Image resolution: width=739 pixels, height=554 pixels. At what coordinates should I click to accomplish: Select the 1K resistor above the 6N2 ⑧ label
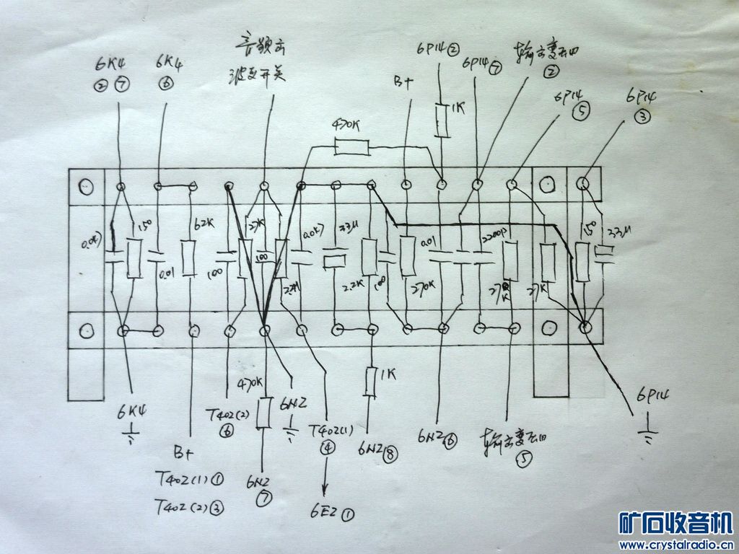point(372,382)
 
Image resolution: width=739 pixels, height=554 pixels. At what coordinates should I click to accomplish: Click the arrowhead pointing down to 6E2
point(326,489)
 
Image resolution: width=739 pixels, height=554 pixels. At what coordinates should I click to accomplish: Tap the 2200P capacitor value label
point(496,237)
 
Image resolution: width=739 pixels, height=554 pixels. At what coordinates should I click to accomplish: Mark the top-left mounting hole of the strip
point(87,187)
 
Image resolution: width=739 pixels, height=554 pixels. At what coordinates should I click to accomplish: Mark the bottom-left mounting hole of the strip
point(87,330)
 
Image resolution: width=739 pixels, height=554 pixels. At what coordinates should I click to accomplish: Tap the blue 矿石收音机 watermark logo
point(676,523)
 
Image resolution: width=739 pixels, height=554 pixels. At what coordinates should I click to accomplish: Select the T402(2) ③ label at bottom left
point(189,506)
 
